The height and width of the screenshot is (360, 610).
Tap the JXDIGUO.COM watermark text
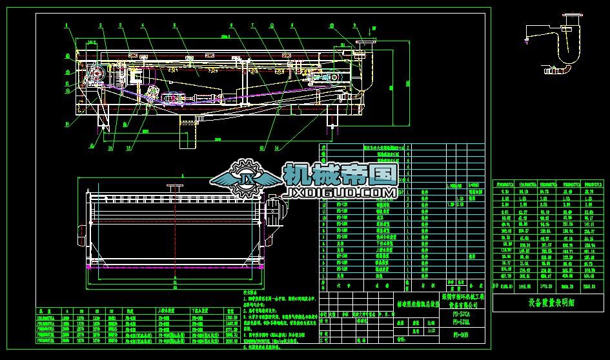(x=340, y=193)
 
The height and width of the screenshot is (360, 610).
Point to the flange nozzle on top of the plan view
(x=173, y=186)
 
